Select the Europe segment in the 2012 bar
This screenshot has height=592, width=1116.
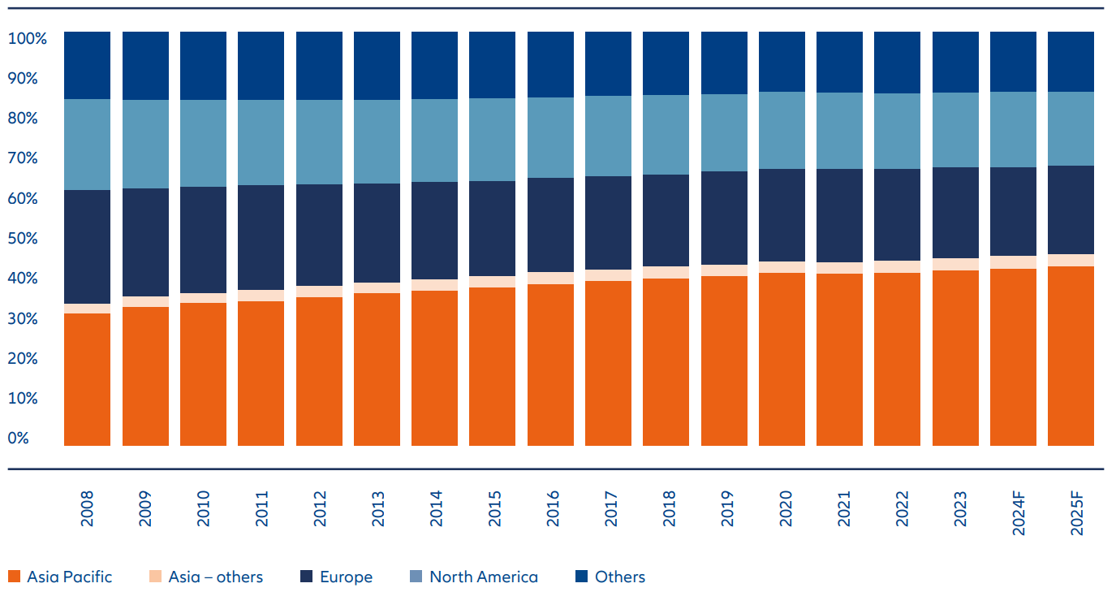[x=319, y=235]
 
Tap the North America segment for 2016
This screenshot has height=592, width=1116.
[x=550, y=137]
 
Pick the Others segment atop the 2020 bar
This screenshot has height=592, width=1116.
[x=782, y=62]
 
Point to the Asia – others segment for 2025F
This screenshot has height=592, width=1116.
[x=1071, y=260]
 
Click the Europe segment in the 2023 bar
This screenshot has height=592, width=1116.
[x=955, y=213]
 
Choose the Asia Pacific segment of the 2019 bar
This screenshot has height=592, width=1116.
[x=724, y=361]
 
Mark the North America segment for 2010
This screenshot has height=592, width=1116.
[x=203, y=143]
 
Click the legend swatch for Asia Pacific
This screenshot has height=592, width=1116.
[x=14, y=577]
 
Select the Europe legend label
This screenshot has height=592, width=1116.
[x=346, y=577]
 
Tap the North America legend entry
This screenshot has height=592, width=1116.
[x=483, y=577]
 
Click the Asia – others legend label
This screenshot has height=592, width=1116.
[x=215, y=577]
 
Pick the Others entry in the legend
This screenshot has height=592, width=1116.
[x=619, y=577]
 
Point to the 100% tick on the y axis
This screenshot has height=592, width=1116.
[x=28, y=38]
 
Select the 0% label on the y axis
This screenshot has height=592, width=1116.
[x=18, y=438]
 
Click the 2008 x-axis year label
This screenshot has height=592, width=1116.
[x=88, y=508]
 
